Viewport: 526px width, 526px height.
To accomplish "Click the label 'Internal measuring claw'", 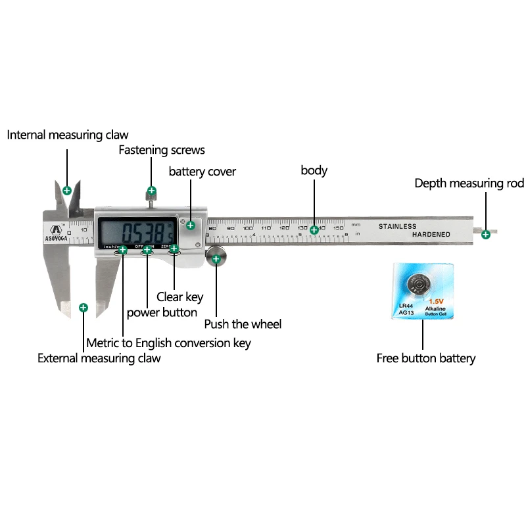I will [x=68, y=135].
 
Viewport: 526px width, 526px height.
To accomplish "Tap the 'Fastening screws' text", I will [x=162, y=150].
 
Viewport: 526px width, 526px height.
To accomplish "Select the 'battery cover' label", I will [x=203, y=172].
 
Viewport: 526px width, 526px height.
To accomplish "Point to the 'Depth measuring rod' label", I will [x=469, y=183].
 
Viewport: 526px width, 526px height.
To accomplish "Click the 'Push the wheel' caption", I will [x=243, y=324].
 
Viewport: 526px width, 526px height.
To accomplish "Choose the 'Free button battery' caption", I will [x=425, y=358].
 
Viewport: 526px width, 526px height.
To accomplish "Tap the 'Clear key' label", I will [x=179, y=297].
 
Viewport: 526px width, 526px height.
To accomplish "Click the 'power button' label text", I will [x=162, y=312].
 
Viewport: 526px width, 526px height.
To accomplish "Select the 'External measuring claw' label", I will [x=99, y=358].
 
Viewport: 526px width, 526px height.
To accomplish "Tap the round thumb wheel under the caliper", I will [x=217, y=258].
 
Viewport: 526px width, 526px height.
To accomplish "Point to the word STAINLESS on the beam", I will [x=397, y=226].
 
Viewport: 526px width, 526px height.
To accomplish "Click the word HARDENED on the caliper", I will [x=431, y=235].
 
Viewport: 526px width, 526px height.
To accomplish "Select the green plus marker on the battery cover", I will [x=191, y=226].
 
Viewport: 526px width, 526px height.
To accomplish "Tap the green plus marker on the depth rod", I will [x=486, y=234].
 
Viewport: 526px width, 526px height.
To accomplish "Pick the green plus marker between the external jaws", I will [x=84, y=307].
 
